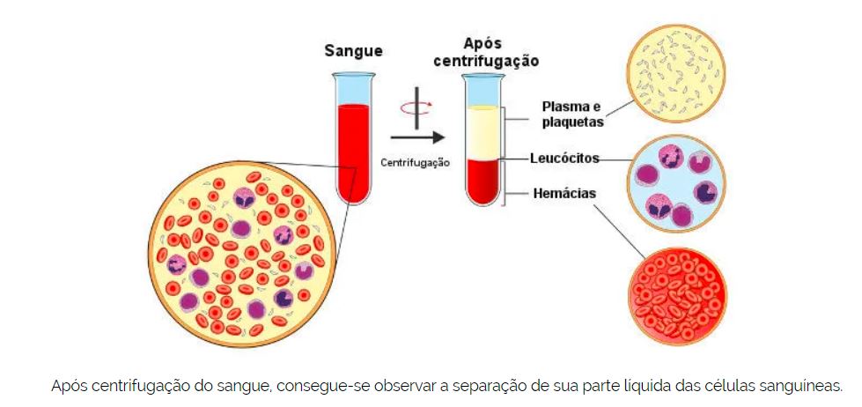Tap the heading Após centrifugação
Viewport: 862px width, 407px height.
tap(500, 52)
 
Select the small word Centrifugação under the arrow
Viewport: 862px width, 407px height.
tap(416, 162)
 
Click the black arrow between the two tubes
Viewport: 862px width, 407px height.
tap(416, 137)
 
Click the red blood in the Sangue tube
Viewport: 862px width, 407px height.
tap(353, 150)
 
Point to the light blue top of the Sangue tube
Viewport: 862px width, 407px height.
tap(353, 88)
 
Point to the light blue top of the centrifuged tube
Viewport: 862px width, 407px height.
tap(482, 91)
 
